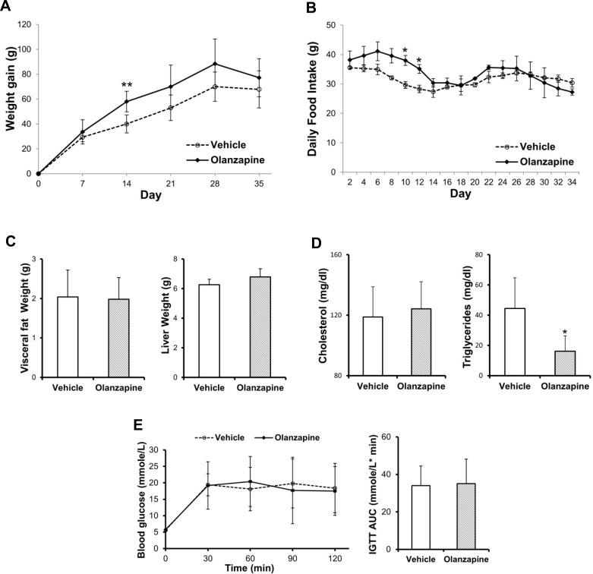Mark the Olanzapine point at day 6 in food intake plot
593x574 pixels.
coord(377,51)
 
